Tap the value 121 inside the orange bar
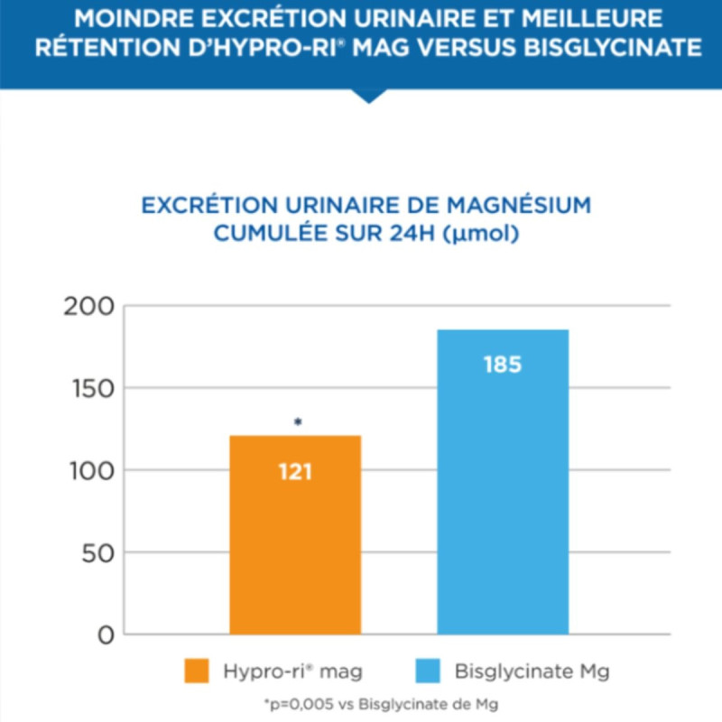coord(295,472)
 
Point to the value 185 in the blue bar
coord(503,366)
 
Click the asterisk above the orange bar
coord(297,422)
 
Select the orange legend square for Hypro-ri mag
coord(197,671)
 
